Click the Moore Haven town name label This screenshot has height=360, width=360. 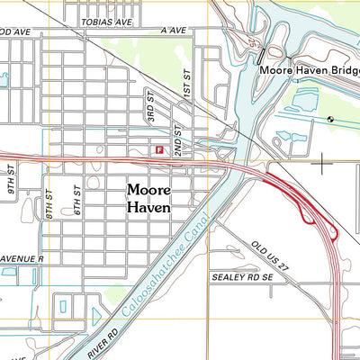pyautogui.click(x=161, y=198)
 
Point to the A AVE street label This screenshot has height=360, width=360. pyautogui.click(x=173, y=30)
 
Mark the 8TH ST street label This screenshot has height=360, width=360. pyautogui.click(x=51, y=209)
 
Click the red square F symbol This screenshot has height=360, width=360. pyautogui.click(x=159, y=151)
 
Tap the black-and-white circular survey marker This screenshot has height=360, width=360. pyautogui.click(x=330, y=118)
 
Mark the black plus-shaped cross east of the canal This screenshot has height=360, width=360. pyautogui.click(x=322, y=163)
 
